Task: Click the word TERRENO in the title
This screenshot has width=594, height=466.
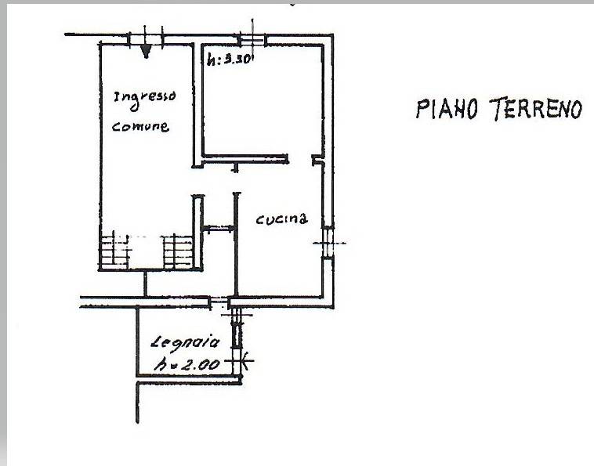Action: [x=536, y=110]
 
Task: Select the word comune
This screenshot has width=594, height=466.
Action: [x=140, y=126]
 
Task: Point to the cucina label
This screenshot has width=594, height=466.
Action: [x=281, y=219]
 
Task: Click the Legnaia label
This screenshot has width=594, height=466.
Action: [x=185, y=341]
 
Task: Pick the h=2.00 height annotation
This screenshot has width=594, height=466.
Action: [x=187, y=364]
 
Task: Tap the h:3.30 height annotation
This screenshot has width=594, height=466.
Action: [x=230, y=59]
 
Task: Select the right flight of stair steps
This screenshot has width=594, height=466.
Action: [x=179, y=251]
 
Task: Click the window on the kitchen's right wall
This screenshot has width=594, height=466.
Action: [x=328, y=243]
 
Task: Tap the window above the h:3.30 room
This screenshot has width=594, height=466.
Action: [x=252, y=39]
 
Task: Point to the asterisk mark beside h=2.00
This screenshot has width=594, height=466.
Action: [x=246, y=360]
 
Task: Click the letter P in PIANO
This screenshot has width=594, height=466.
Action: [x=422, y=109]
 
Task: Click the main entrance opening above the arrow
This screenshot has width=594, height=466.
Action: [x=146, y=39]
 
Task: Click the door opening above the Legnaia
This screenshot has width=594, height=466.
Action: [x=219, y=302]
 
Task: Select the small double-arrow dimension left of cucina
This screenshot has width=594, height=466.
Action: [x=219, y=228]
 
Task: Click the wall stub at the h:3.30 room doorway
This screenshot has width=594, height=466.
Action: [x=317, y=160]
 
